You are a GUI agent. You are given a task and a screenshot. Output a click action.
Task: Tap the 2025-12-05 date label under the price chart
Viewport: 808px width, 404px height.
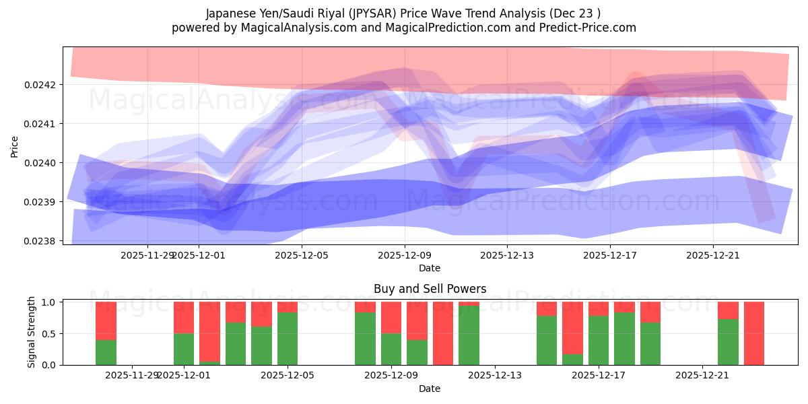point(302,255)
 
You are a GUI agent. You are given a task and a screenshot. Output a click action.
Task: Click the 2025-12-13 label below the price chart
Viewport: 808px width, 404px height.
point(507,255)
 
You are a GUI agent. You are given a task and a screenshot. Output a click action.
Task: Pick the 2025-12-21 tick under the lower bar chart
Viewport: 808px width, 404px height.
point(702,375)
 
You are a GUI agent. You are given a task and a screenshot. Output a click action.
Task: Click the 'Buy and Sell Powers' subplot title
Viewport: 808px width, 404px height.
point(430,289)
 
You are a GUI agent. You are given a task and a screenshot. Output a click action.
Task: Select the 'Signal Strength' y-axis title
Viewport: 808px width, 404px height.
point(32,333)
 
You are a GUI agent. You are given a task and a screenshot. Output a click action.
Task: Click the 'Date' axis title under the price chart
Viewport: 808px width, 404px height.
point(430,268)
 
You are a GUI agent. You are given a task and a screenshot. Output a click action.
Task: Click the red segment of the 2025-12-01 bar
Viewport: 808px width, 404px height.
point(184,317)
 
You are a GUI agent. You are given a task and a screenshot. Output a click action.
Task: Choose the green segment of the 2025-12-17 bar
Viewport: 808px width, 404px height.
point(599,340)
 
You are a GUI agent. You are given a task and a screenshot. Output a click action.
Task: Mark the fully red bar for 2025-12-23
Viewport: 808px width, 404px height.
point(754,333)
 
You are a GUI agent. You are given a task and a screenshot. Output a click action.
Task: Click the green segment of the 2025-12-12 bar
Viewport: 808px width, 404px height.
point(469,335)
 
